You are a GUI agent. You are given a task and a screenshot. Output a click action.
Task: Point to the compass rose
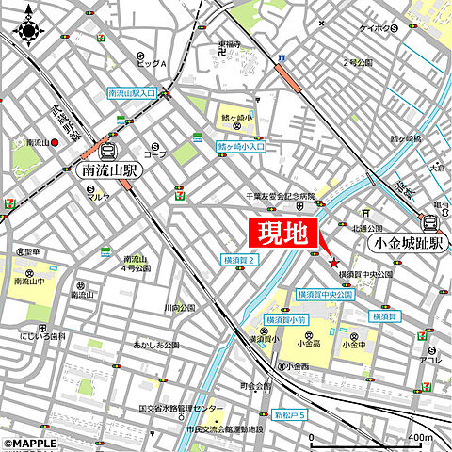point(27,29)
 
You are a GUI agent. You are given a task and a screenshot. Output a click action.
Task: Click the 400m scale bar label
point(420,438)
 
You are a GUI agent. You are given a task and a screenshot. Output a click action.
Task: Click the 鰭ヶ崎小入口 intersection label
point(242,147)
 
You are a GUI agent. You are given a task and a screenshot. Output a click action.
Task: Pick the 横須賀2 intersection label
point(240,259)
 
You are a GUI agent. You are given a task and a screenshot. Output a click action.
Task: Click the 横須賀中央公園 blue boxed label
point(323,295)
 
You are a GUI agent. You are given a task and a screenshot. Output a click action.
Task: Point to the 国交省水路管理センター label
point(183,409)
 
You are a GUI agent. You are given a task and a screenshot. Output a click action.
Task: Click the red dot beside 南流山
point(56,142)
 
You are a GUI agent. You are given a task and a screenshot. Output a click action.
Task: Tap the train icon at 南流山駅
point(107,151)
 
